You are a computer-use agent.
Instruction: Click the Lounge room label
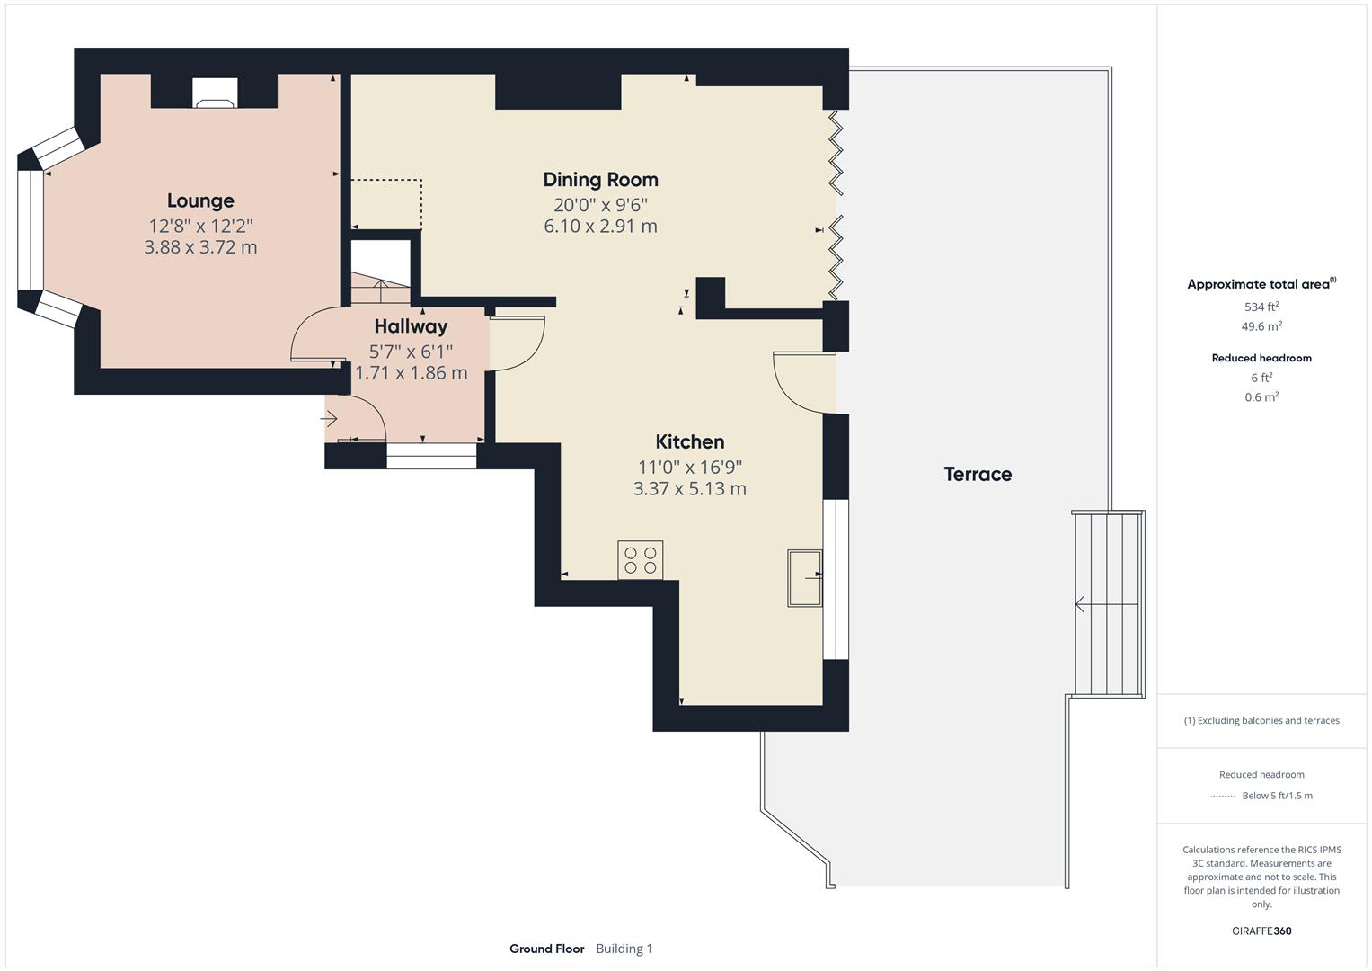200,200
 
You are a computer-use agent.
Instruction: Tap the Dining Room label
600,179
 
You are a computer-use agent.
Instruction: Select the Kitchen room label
689,441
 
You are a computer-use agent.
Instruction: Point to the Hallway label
411,326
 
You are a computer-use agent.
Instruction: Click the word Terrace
978,474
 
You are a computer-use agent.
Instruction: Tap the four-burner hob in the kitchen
640,559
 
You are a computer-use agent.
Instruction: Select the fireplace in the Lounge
216,93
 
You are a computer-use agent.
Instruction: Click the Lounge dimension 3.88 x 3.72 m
200,247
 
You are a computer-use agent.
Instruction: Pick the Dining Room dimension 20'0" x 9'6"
600,205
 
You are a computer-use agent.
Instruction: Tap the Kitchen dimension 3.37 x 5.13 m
689,489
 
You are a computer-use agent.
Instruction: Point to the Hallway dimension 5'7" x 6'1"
411,352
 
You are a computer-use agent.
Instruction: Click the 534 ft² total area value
1261,307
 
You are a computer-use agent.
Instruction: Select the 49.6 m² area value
1261,326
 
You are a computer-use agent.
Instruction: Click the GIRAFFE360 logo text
1261,931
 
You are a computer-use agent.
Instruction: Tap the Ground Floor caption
546,949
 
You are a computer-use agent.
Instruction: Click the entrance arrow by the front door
330,419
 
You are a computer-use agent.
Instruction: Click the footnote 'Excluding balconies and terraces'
1261,720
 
